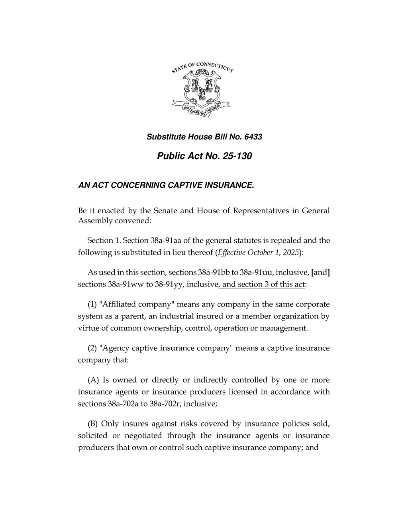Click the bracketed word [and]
click(320, 273)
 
